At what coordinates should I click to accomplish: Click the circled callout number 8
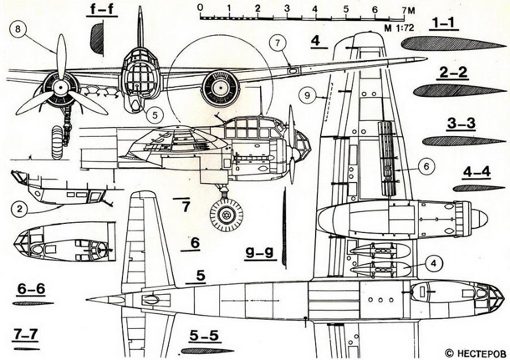[18, 29]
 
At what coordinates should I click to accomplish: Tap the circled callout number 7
[277, 43]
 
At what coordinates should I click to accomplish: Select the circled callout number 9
[307, 96]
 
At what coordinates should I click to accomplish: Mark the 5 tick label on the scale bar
[346, 9]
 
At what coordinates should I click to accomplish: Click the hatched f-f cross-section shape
[97, 39]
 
